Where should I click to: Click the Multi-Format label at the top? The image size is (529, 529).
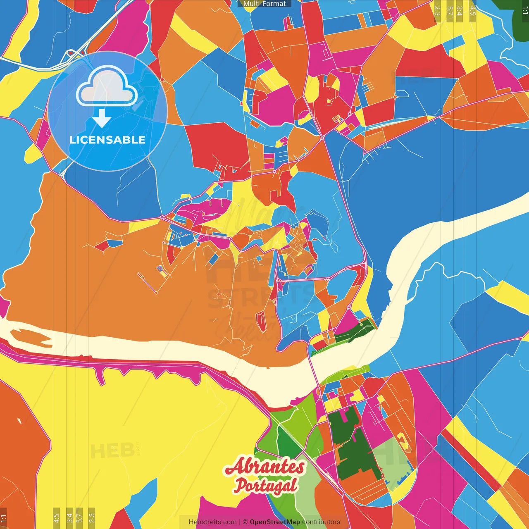(x=264, y=4)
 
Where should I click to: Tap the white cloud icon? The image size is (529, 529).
(x=107, y=86)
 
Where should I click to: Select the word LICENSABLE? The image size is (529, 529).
(x=107, y=140)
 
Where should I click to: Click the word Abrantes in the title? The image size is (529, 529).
(x=265, y=467)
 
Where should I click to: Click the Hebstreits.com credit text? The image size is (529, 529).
(x=212, y=522)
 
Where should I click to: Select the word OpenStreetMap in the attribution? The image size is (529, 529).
(x=274, y=522)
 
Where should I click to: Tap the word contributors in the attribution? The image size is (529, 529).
(x=321, y=522)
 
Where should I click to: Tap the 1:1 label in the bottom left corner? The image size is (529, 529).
(x=3, y=518)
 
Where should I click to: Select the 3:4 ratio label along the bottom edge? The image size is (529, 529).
(x=69, y=517)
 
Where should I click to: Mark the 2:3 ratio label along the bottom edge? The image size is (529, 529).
(x=92, y=517)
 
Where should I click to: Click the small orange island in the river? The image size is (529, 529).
(x=31, y=337)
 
